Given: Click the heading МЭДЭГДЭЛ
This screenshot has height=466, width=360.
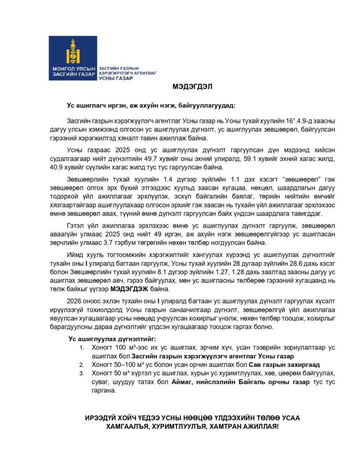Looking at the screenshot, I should tap(192, 87).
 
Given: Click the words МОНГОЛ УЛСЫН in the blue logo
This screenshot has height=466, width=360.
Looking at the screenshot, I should tap(74, 69).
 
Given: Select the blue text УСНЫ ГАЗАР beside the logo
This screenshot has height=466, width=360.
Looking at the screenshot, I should tap(116, 78).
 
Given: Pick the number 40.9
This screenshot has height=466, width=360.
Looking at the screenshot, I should tap(57, 167).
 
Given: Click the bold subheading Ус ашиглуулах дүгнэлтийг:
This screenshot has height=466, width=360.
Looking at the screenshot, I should tap(112, 339).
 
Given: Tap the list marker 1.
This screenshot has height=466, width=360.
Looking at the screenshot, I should tap(82, 348).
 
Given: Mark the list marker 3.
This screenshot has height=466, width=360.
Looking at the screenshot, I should tap(82, 373).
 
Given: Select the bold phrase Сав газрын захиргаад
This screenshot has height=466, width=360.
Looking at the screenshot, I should tap(284, 365).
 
